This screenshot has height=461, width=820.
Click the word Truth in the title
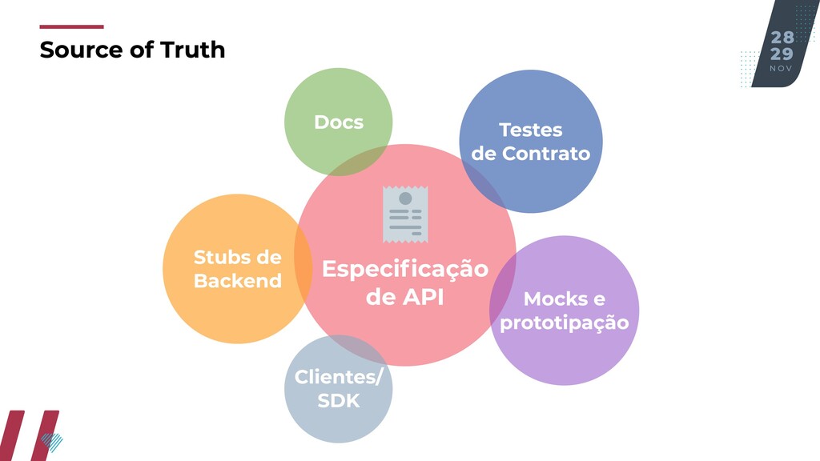pos(193,50)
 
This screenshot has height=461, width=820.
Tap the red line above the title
pos(71,26)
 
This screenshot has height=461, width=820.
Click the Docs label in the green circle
pos(339,122)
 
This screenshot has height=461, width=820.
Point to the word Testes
pos(530,130)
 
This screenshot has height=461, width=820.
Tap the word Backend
pos(238,281)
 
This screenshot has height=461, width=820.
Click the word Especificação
pos(404,269)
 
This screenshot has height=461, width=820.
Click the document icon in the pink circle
pos(405,214)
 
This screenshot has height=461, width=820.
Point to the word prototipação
pos(564,323)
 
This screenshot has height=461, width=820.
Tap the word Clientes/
pos(339,377)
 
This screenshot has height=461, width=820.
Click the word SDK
pos(339,401)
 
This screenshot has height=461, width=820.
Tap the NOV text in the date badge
pos(781,69)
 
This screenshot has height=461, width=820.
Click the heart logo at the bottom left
pos(51,441)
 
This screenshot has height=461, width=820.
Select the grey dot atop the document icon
pos(405,198)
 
